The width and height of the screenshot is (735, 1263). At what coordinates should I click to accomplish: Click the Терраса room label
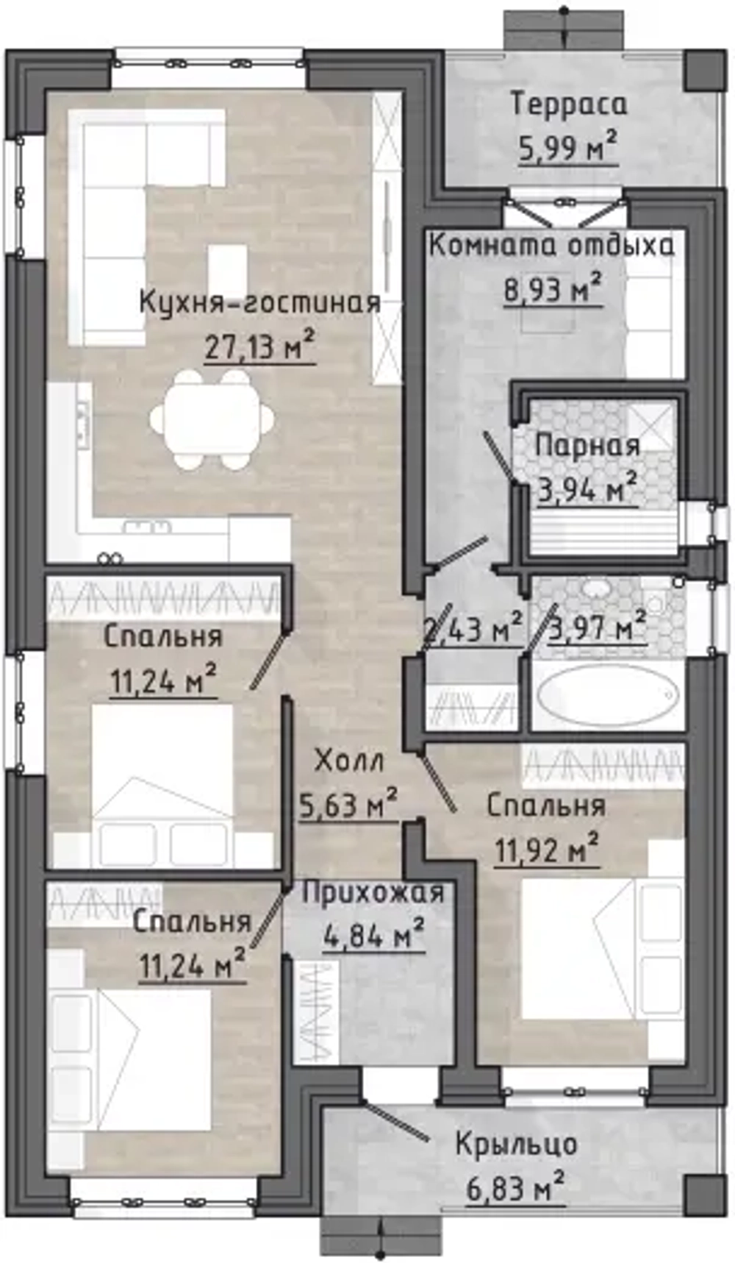point(570,104)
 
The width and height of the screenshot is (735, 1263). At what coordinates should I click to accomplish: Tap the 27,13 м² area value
point(259,346)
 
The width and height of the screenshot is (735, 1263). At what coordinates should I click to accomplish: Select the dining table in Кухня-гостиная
point(212,420)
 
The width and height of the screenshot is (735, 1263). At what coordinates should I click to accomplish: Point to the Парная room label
point(587,446)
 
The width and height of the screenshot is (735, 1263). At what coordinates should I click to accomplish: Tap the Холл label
point(348,761)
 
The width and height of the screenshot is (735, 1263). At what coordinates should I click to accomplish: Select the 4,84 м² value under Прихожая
point(373,937)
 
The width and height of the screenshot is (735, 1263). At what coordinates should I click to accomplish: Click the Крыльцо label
point(516,1145)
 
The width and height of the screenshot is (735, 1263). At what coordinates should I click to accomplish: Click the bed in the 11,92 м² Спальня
point(581,949)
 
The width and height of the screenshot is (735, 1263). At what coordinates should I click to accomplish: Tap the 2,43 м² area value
point(473,630)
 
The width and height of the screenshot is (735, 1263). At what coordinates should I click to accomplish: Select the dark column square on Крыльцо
point(703,1194)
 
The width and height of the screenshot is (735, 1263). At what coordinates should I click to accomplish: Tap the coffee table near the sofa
point(227,270)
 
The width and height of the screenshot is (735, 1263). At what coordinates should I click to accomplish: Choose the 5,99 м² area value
point(567,149)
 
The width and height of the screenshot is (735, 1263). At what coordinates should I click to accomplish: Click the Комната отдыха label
point(551,245)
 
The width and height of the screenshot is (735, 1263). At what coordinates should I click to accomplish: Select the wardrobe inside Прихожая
point(315,1010)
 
